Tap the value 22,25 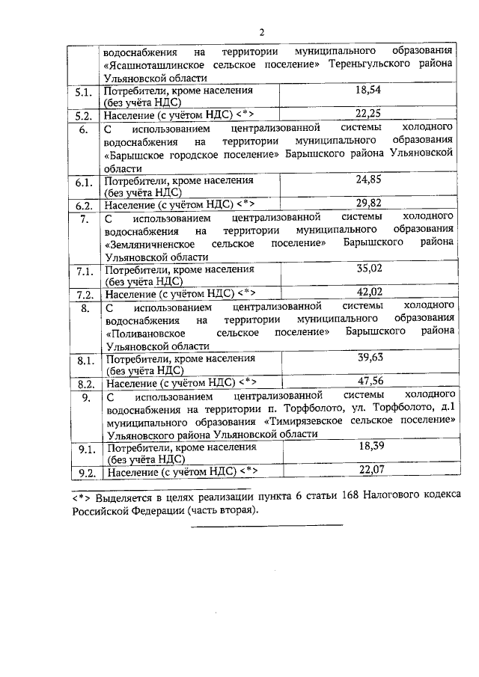368,113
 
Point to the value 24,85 368,180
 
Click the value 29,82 368,203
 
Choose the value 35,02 369,269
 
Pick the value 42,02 369,292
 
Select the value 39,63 370,358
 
